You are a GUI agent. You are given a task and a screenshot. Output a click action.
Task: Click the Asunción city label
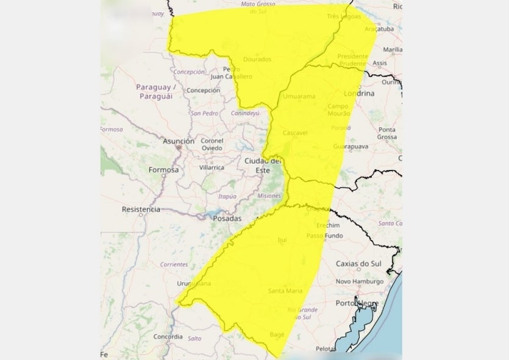click(179, 141)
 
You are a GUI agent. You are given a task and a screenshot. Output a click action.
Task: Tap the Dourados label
click(257, 59)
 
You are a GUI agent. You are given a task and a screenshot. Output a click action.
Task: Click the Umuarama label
click(299, 96)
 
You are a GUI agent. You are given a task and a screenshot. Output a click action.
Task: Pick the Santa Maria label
click(285, 291)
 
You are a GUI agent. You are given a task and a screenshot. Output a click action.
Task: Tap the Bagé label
click(277, 335)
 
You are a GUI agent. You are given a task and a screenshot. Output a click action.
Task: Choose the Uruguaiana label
click(194, 284)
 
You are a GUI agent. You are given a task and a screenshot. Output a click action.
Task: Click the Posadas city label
click(227, 218)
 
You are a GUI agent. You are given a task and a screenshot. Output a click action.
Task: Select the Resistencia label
click(141, 209)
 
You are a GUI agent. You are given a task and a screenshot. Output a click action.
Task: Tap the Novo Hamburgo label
click(360, 281)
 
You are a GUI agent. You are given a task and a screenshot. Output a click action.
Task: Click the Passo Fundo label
click(324, 236)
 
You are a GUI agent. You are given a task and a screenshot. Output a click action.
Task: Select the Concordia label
click(168, 336)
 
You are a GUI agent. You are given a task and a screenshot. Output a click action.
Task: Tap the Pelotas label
click(326, 349)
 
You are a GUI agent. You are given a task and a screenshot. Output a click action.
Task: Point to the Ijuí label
click(282, 240)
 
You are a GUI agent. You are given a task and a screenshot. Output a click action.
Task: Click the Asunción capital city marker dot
click(178, 147)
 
